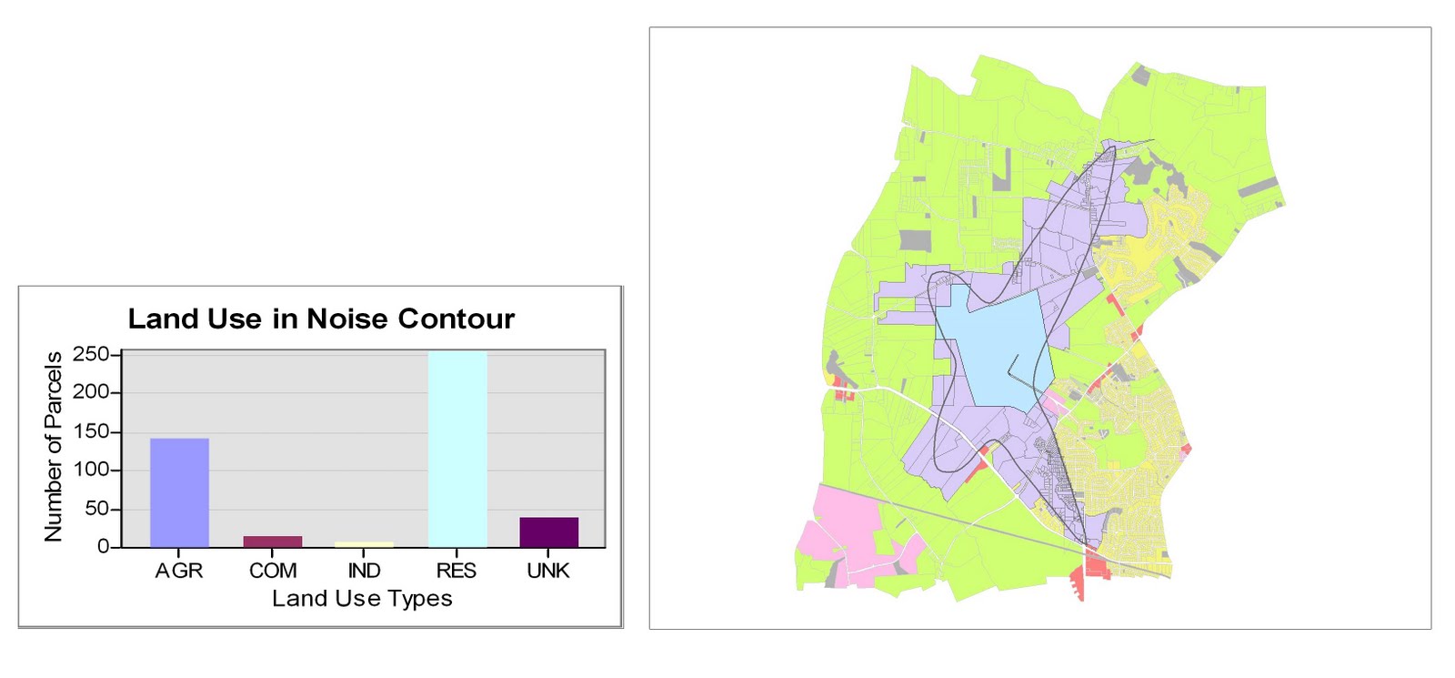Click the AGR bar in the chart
point(179,492)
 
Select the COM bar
point(273,541)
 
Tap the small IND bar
point(364,544)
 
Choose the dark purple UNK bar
point(548,532)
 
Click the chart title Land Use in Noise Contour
point(321,319)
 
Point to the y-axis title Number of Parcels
point(54,447)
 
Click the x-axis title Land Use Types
point(362,599)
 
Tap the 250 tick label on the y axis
point(91,354)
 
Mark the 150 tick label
point(91,431)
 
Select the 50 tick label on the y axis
point(96,509)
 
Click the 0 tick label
point(103,547)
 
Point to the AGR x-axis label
point(179,571)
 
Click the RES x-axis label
point(457,571)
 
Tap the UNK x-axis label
point(548,571)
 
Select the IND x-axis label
point(364,571)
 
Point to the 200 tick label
point(91,392)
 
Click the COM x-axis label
point(273,571)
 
